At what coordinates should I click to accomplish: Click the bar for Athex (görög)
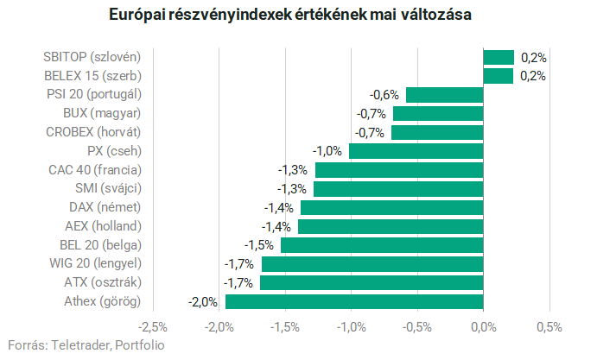point(354,301)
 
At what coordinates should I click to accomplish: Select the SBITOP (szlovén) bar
point(499,57)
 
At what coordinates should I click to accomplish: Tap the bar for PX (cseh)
point(416,151)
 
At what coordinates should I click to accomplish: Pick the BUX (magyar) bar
point(438,113)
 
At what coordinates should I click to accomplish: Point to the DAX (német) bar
point(391,207)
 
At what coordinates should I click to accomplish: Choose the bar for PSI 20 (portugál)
point(444,95)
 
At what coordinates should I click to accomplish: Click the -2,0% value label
point(203,301)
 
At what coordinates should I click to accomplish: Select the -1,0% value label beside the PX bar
point(328,151)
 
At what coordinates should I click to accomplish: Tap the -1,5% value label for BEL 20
point(261,245)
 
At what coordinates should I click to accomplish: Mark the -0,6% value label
point(384,95)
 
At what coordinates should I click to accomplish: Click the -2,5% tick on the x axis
point(154,327)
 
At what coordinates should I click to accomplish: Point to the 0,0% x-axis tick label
point(483,327)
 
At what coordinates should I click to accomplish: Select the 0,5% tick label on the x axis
point(549,327)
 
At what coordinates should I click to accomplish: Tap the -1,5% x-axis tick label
point(285,327)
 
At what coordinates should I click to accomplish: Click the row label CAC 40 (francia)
point(94,170)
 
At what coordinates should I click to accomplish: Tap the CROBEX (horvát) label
point(92,132)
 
